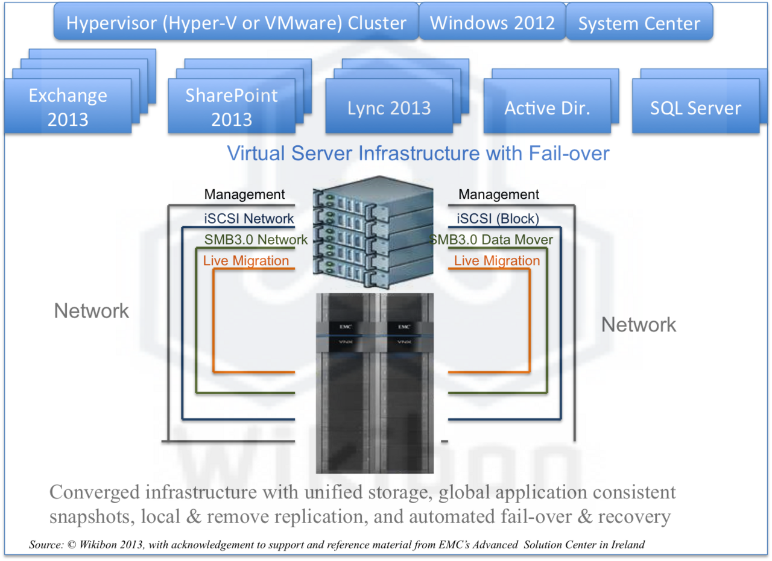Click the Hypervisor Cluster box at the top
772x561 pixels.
[x=236, y=22]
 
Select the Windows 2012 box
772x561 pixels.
[x=492, y=22]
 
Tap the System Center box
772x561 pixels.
[x=639, y=23]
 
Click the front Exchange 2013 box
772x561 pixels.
[x=68, y=107]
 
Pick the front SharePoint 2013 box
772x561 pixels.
[x=232, y=107]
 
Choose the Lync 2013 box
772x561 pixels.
[x=389, y=108]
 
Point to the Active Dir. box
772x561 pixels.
[x=547, y=108]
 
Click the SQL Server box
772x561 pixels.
[x=695, y=108]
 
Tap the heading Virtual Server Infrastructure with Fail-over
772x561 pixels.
[x=418, y=153]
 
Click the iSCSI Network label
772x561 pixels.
[x=248, y=219]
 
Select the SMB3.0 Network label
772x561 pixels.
[x=256, y=239]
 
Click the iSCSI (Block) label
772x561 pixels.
[x=498, y=219]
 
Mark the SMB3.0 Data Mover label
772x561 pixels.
[x=492, y=239]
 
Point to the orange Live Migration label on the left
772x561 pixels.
[x=246, y=260]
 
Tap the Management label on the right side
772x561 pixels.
[x=499, y=195]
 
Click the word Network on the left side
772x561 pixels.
[x=92, y=311]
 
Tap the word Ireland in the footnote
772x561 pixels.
[x=628, y=545]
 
